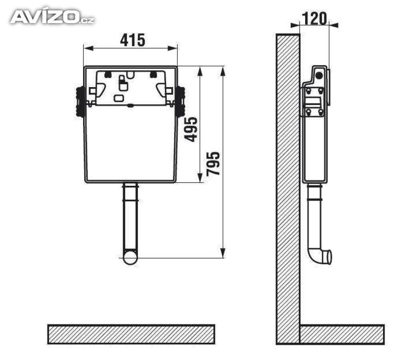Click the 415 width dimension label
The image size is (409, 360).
(x=133, y=40)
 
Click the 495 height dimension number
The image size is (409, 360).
(x=191, y=129)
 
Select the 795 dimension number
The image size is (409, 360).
(x=213, y=163)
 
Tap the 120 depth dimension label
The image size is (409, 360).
(x=314, y=18)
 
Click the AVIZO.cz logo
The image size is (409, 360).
(x=52, y=17)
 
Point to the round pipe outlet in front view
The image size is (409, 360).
(x=130, y=257)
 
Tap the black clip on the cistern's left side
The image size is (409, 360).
(x=80, y=101)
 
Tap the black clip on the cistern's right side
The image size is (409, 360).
(x=180, y=101)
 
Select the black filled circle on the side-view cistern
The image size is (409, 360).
(x=319, y=76)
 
